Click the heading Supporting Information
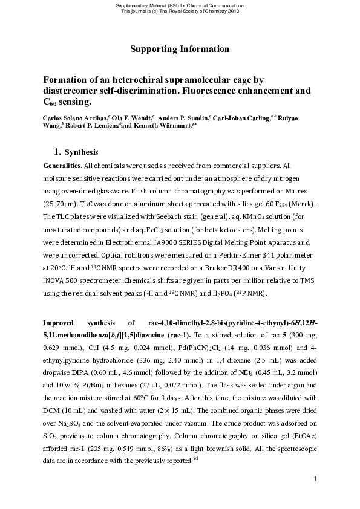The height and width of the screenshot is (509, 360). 180,48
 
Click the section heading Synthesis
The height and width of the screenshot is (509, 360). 81,152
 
